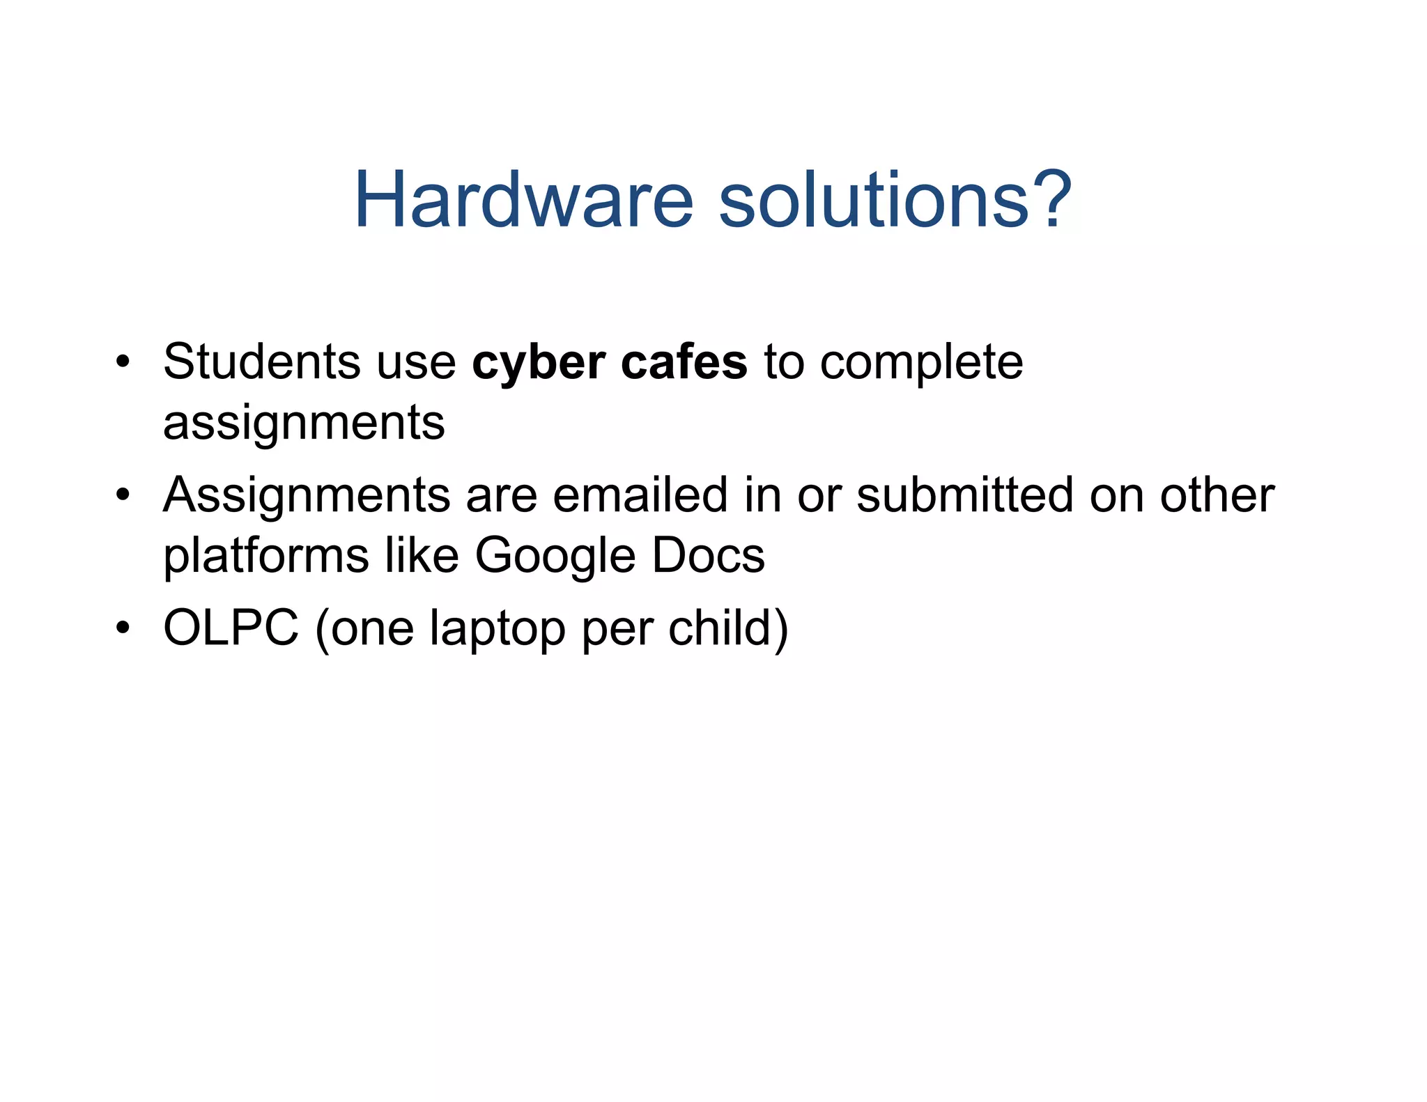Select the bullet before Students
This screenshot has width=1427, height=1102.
click(123, 363)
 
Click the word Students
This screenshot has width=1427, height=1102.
click(262, 362)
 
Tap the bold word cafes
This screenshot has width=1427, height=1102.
click(684, 362)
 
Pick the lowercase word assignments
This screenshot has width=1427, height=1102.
click(304, 424)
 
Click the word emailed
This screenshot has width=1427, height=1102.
click(640, 495)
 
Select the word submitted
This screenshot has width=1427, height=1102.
click(964, 495)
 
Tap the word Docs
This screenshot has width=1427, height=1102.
click(709, 556)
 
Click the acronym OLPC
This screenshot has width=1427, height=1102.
click(231, 628)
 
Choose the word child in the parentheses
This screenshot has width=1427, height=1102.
click(720, 628)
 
